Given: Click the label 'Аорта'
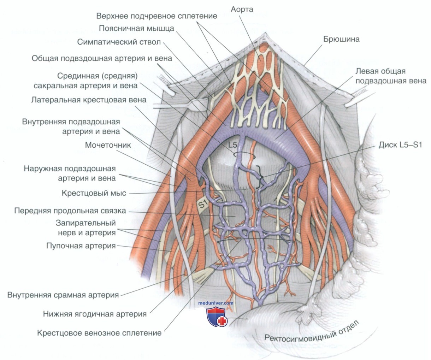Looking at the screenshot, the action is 242,9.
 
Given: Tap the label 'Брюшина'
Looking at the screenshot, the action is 341,39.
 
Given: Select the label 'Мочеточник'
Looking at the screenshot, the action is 108,145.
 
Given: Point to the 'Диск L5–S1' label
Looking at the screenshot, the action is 400,145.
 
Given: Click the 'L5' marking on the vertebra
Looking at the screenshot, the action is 232,145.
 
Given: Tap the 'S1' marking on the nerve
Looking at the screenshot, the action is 203,204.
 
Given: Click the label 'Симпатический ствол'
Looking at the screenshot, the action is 119,42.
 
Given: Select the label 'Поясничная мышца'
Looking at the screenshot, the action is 136,29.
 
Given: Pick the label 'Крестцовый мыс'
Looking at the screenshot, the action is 94,193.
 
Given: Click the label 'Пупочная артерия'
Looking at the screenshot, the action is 81,246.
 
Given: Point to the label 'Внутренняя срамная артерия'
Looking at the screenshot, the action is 63,295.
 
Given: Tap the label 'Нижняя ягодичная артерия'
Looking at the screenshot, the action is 95,314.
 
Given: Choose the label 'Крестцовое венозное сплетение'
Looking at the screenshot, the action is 99,333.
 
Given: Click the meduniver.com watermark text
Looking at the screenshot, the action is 216,303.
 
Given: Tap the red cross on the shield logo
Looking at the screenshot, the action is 222,321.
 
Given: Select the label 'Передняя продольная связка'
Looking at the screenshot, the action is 70,211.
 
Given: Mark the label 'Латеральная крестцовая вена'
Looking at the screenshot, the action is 89,100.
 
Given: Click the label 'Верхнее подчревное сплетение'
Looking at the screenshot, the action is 157,16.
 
